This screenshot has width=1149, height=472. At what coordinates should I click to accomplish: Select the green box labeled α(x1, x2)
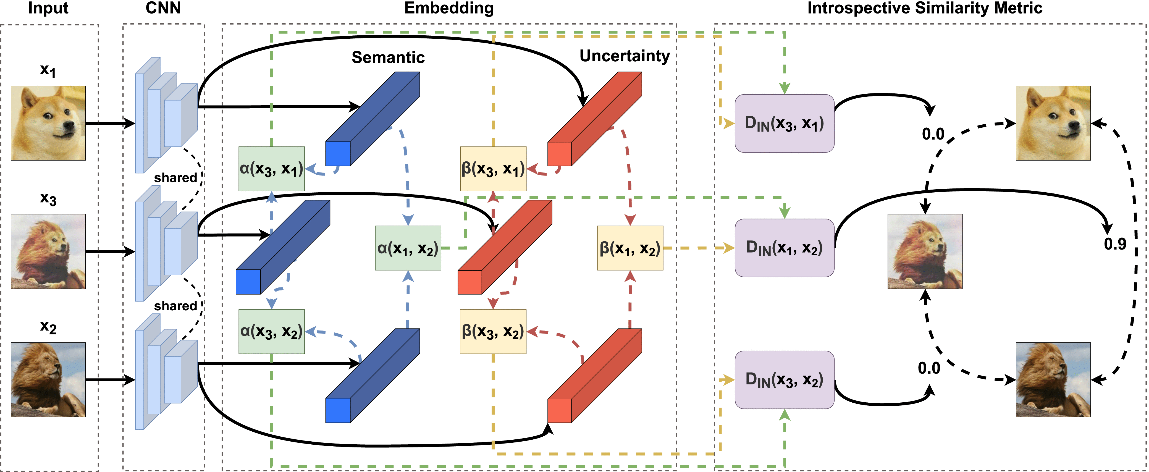pos(408,248)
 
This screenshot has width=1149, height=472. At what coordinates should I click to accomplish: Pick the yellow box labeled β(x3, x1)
pos(493,169)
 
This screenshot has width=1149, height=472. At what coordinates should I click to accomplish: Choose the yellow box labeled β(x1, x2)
pos(630,248)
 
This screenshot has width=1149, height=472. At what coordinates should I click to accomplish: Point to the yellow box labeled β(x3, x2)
pos(493,331)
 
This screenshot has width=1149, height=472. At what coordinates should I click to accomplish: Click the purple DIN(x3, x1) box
pos(784,124)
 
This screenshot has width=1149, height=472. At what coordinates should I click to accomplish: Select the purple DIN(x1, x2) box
pos(784,248)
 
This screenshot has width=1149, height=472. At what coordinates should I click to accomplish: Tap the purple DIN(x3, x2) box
pos(784,380)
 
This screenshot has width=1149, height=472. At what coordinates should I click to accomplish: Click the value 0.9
pos(1115,244)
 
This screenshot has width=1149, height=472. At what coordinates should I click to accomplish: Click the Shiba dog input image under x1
pos(48,123)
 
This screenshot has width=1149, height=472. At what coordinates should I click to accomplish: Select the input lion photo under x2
pos(48,380)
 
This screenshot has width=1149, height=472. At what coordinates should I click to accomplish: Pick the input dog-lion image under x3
pos(48,251)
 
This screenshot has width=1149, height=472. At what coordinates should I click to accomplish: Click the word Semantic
pos(388,57)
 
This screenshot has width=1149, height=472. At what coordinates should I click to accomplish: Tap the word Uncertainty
pos(625,56)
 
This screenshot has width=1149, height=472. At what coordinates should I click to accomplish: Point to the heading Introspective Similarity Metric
pos(925,8)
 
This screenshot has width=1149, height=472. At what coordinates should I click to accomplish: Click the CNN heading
pos(163,8)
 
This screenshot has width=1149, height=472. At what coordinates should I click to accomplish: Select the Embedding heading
pos(449,8)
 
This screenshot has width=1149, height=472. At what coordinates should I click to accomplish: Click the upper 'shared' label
pos(175,178)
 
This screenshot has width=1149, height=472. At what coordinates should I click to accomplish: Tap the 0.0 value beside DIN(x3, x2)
pos(929,368)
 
